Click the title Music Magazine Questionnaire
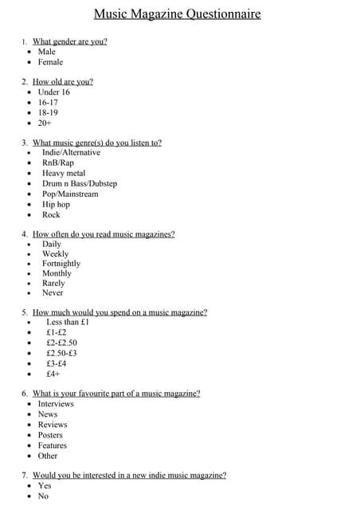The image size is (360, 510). (177, 14)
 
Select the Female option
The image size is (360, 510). (50, 62)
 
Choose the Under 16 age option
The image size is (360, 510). (53, 92)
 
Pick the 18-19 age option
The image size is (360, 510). (48, 113)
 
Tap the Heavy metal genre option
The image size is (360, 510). (64, 174)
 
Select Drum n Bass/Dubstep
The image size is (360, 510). (80, 184)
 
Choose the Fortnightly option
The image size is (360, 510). (61, 264)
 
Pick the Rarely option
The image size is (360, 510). (53, 284)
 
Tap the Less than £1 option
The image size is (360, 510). (68, 323)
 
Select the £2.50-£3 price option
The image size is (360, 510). (61, 353)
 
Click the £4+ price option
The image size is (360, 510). (53, 374)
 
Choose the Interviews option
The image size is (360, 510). (56, 404)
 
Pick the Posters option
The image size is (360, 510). (50, 435)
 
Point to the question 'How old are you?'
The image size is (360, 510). (62, 81)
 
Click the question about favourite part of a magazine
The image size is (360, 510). (115, 394)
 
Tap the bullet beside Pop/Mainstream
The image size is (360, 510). (29, 194)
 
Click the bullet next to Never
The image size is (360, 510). (29, 293)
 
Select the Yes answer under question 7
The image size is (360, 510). (45, 485)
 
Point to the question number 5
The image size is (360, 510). (25, 312)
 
